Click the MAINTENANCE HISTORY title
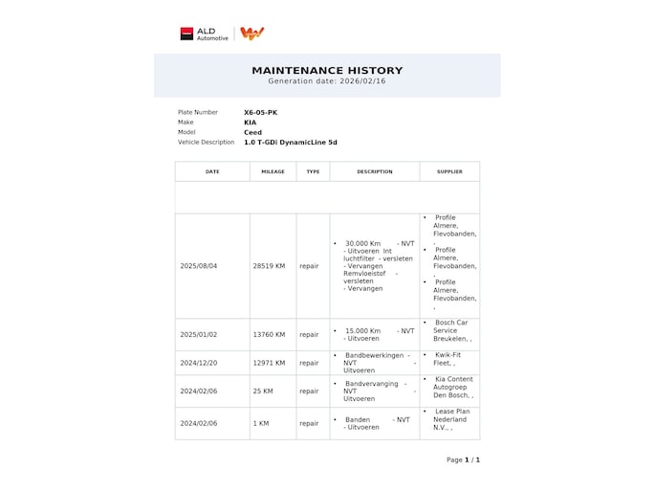[x=327, y=70]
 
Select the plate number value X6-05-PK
[x=260, y=112]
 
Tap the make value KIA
[x=250, y=123]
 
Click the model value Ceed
[x=252, y=132]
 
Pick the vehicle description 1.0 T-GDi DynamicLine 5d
[x=290, y=143]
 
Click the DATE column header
[x=212, y=171]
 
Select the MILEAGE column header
[x=273, y=171]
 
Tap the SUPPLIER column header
[x=449, y=171]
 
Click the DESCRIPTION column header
[x=375, y=171]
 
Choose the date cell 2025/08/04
[x=199, y=266]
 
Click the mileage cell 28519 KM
[x=269, y=266]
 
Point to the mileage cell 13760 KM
[x=269, y=335]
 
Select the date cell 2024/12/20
[x=199, y=363]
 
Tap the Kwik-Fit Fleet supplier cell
[x=449, y=359]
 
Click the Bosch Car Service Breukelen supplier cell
[x=450, y=331]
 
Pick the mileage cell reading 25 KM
[x=263, y=391]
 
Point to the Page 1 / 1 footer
[x=463, y=459]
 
